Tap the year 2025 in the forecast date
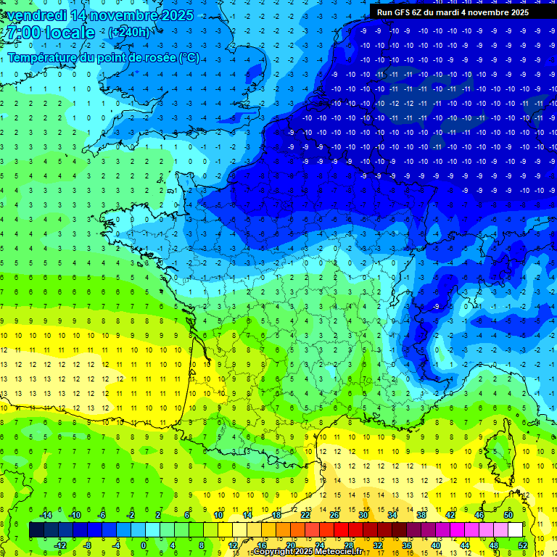coord(173,15)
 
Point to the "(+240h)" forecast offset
coord(129,33)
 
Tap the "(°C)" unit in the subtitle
coord(188,57)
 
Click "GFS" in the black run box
coord(404,12)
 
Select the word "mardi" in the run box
coord(460,12)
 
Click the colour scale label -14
coord(45,514)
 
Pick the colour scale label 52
coord(523,545)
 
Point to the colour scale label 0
coord(143,545)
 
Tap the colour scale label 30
coord(363,514)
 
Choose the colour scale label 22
coord(305,514)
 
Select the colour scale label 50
coord(508,514)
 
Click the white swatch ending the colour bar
coord(515,529)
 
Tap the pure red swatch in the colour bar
coord(342,529)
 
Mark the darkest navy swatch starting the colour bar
coord(36,529)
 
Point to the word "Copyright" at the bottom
coord(273,552)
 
